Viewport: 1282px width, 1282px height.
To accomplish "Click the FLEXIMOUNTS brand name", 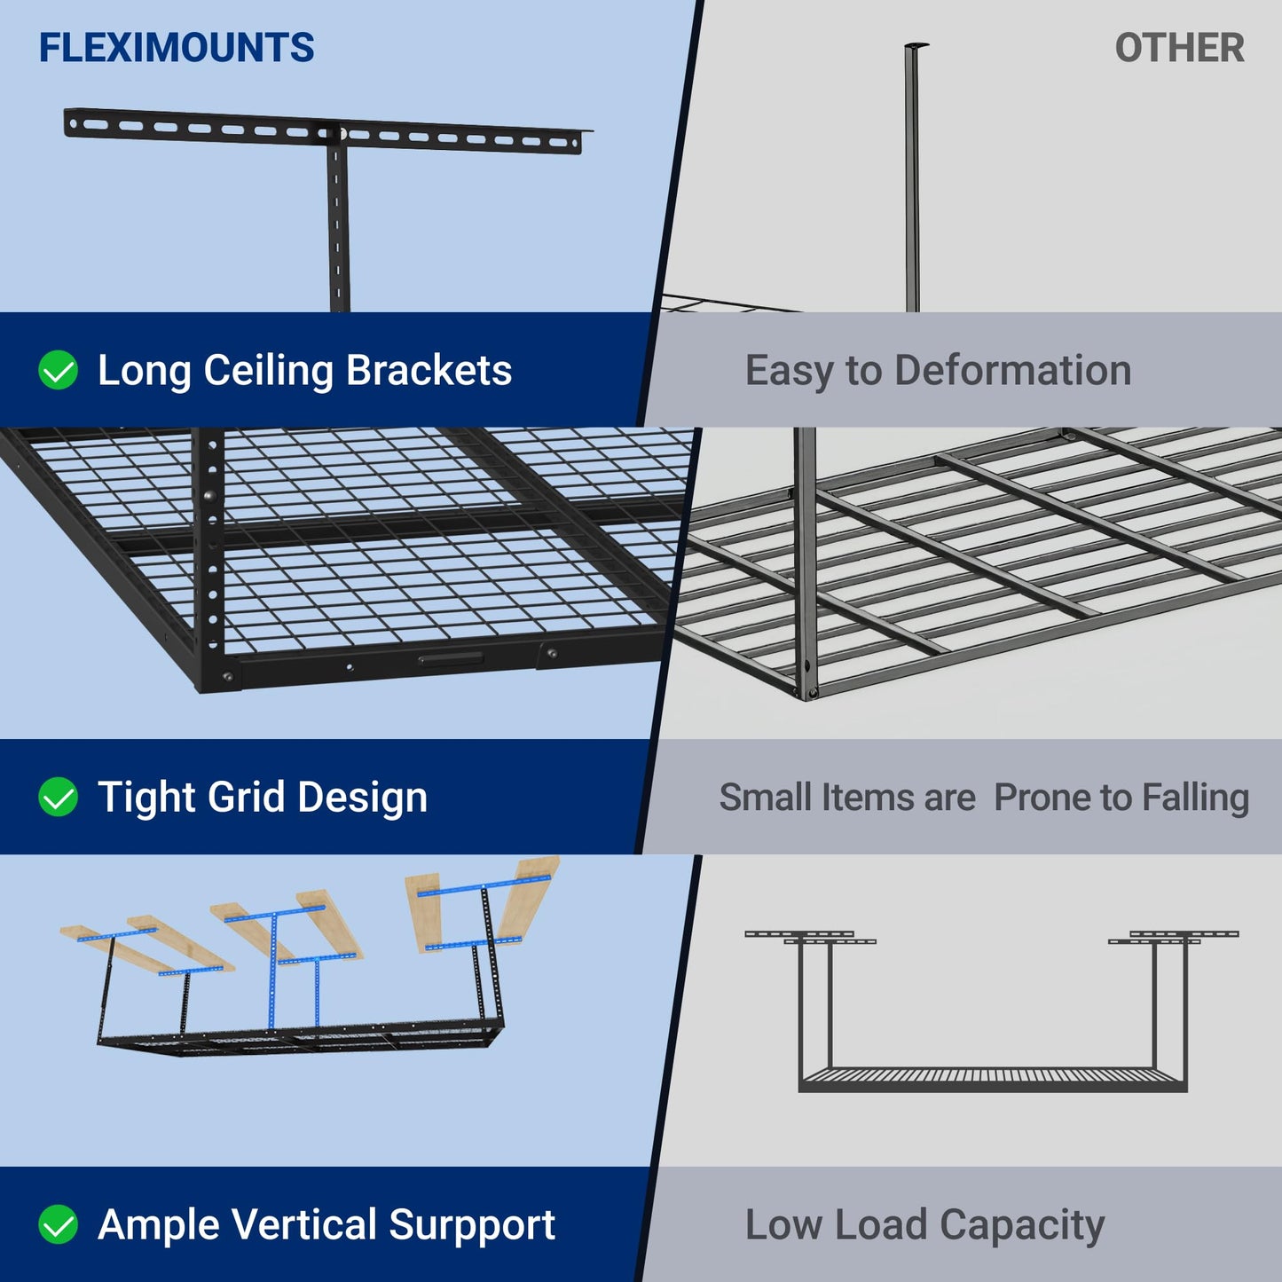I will pos(177,48).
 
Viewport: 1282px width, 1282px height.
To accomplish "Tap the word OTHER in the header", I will pos(1179,48).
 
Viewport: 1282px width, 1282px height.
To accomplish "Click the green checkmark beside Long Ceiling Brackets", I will pos(59,370).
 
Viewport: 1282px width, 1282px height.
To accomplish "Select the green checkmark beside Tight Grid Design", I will pos(59,797).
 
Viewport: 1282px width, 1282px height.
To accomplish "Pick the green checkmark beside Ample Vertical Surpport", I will pos(59,1224).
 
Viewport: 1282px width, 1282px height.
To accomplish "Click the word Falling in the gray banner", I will pos(1195,798).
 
